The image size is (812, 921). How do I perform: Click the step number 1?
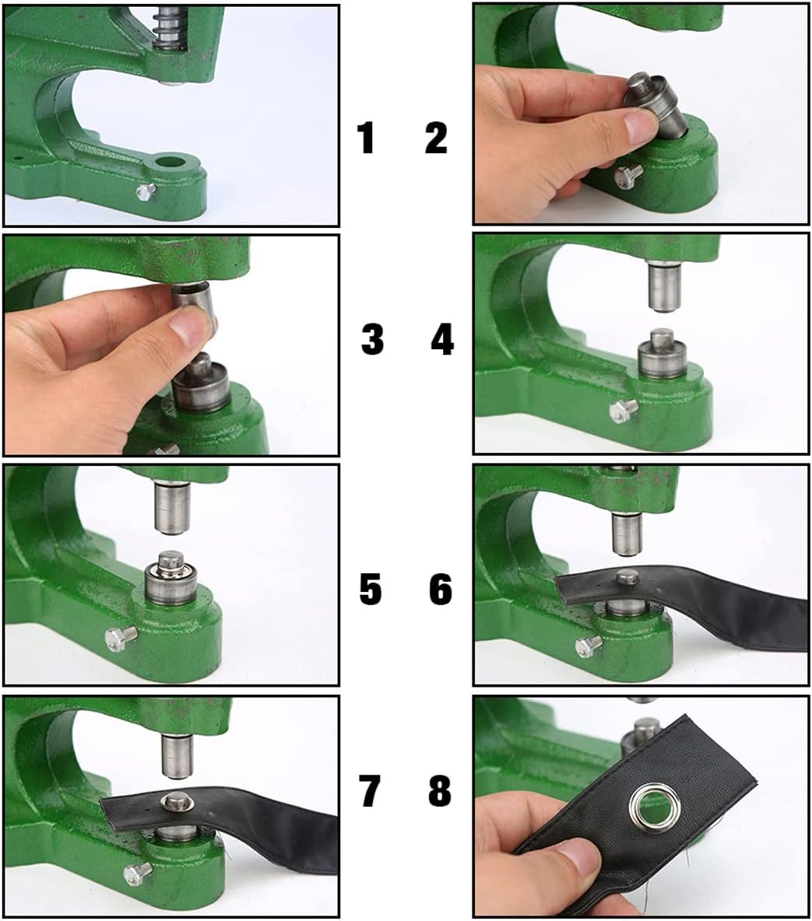click(x=366, y=138)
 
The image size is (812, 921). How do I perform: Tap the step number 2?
click(x=436, y=138)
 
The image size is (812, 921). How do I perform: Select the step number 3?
click(x=372, y=339)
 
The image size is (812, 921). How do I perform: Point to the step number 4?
click(x=443, y=339)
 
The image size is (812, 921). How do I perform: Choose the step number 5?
click(x=371, y=589)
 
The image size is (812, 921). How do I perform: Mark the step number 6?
click(x=441, y=589)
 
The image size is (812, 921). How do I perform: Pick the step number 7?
click(x=369, y=790)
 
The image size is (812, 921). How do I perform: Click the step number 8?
click(x=440, y=790)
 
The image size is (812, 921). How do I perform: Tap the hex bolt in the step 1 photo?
click(x=146, y=191)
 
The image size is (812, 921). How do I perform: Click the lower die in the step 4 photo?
click(x=662, y=355)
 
